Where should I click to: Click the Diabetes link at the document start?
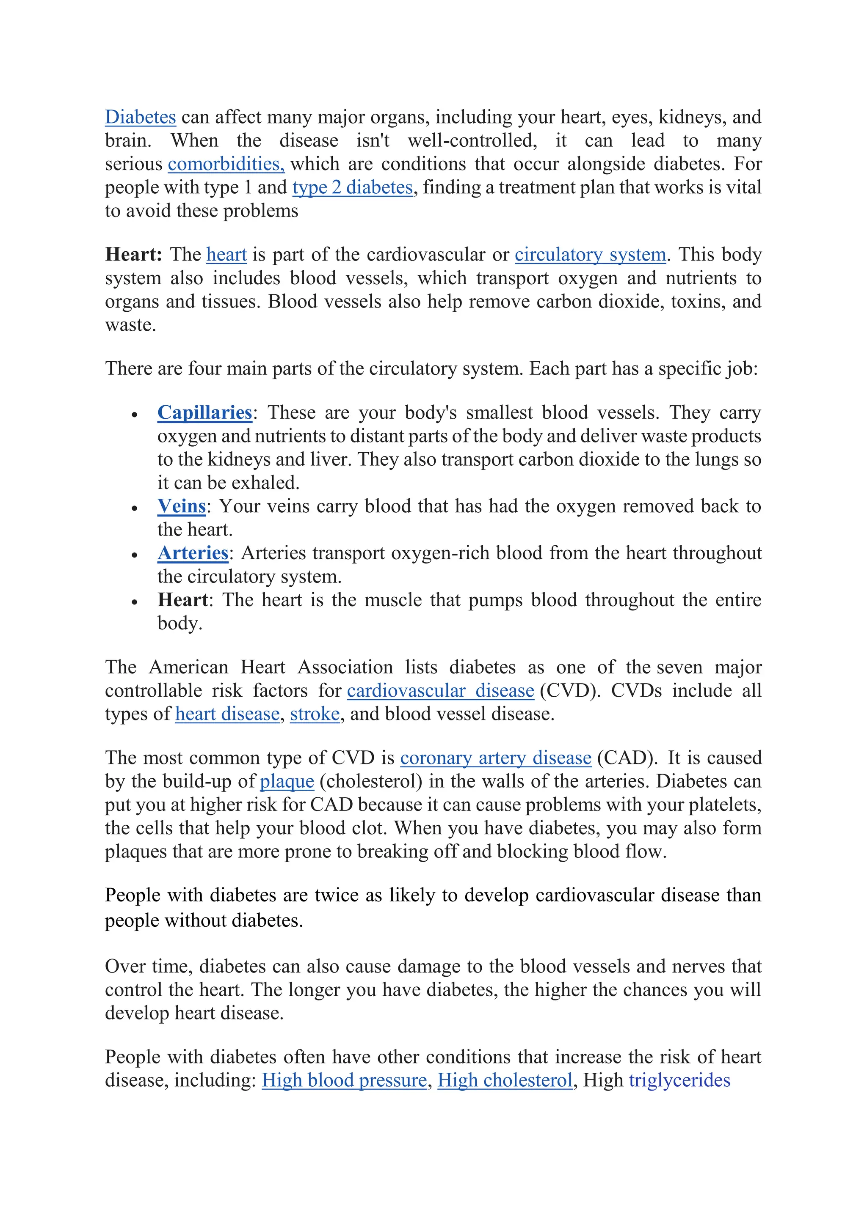point(141,117)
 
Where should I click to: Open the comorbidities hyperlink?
point(226,164)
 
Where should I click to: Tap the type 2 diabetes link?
point(352,188)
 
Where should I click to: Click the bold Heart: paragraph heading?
point(133,255)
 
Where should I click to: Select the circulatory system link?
point(590,255)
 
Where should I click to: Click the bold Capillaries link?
point(204,412)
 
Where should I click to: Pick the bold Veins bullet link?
point(182,506)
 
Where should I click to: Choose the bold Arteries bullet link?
point(193,553)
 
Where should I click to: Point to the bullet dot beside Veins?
point(135,508)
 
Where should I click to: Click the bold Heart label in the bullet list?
point(182,600)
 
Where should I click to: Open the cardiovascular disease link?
point(440,691)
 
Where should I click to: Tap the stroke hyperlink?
point(315,714)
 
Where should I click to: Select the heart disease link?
point(227,714)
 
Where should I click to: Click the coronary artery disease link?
point(495,758)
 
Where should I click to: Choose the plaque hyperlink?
point(287,782)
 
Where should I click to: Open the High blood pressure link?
point(344,1080)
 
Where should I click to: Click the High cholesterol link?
point(505,1080)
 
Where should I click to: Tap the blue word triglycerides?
point(679,1080)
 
